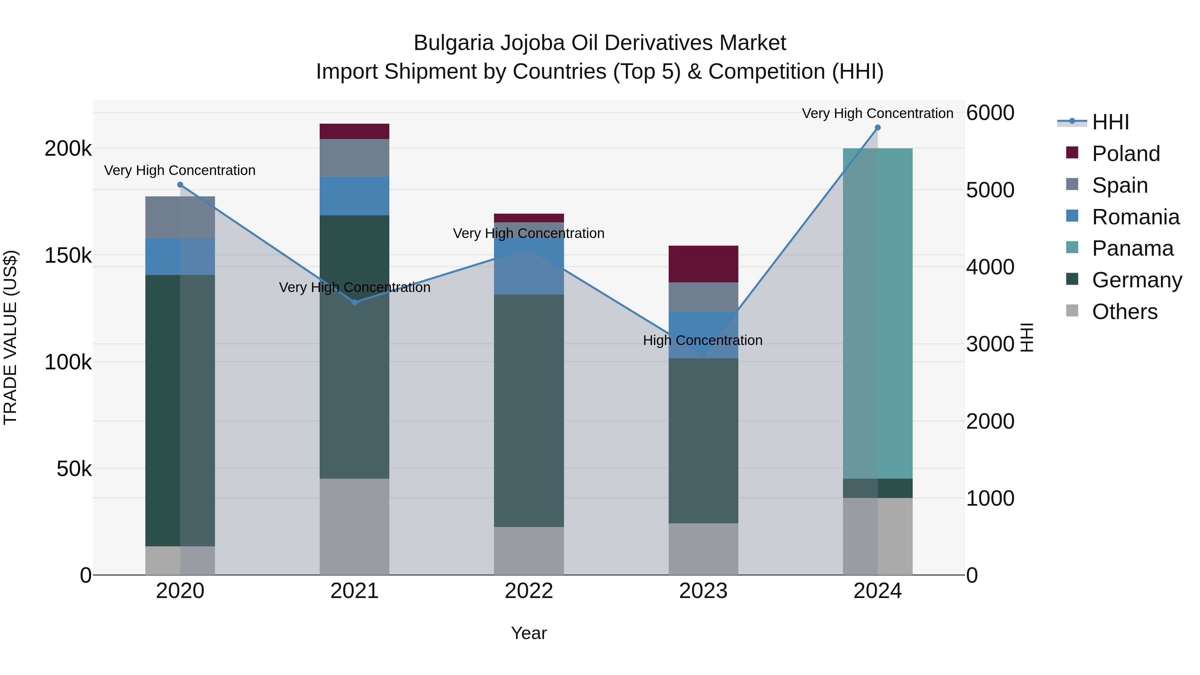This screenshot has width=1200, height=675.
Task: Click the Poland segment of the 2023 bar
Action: pyautogui.click(x=703, y=264)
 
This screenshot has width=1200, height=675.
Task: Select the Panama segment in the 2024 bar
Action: pyautogui.click(x=878, y=313)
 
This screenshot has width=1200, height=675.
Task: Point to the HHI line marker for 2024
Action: pyautogui.click(x=878, y=128)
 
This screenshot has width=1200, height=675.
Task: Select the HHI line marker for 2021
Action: pyautogui.click(x=355, y=302)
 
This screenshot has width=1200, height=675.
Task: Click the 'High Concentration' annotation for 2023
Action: pyautogui.click(x=702, y=341)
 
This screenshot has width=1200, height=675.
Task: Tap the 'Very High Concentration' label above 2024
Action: pyautogui.click(x=877, y=114)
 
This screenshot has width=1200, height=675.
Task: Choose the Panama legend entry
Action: pyautogui.click(x=1132, y=248)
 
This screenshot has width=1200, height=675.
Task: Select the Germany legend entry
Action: pyautogui.click(x=1137, y=280)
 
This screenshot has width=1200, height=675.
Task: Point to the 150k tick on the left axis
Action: pyautogui.click(x=68, y=256)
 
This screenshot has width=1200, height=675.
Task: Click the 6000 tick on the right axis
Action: pyautogui.click(x=990, y=113)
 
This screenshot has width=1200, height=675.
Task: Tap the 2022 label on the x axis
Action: pyautogui.click(x=529, y=591)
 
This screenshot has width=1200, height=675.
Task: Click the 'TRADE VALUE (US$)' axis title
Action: pyautogui.click(x=11, y=337)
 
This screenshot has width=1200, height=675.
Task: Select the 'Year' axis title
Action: pyautogui.click(x=529, y=633)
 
